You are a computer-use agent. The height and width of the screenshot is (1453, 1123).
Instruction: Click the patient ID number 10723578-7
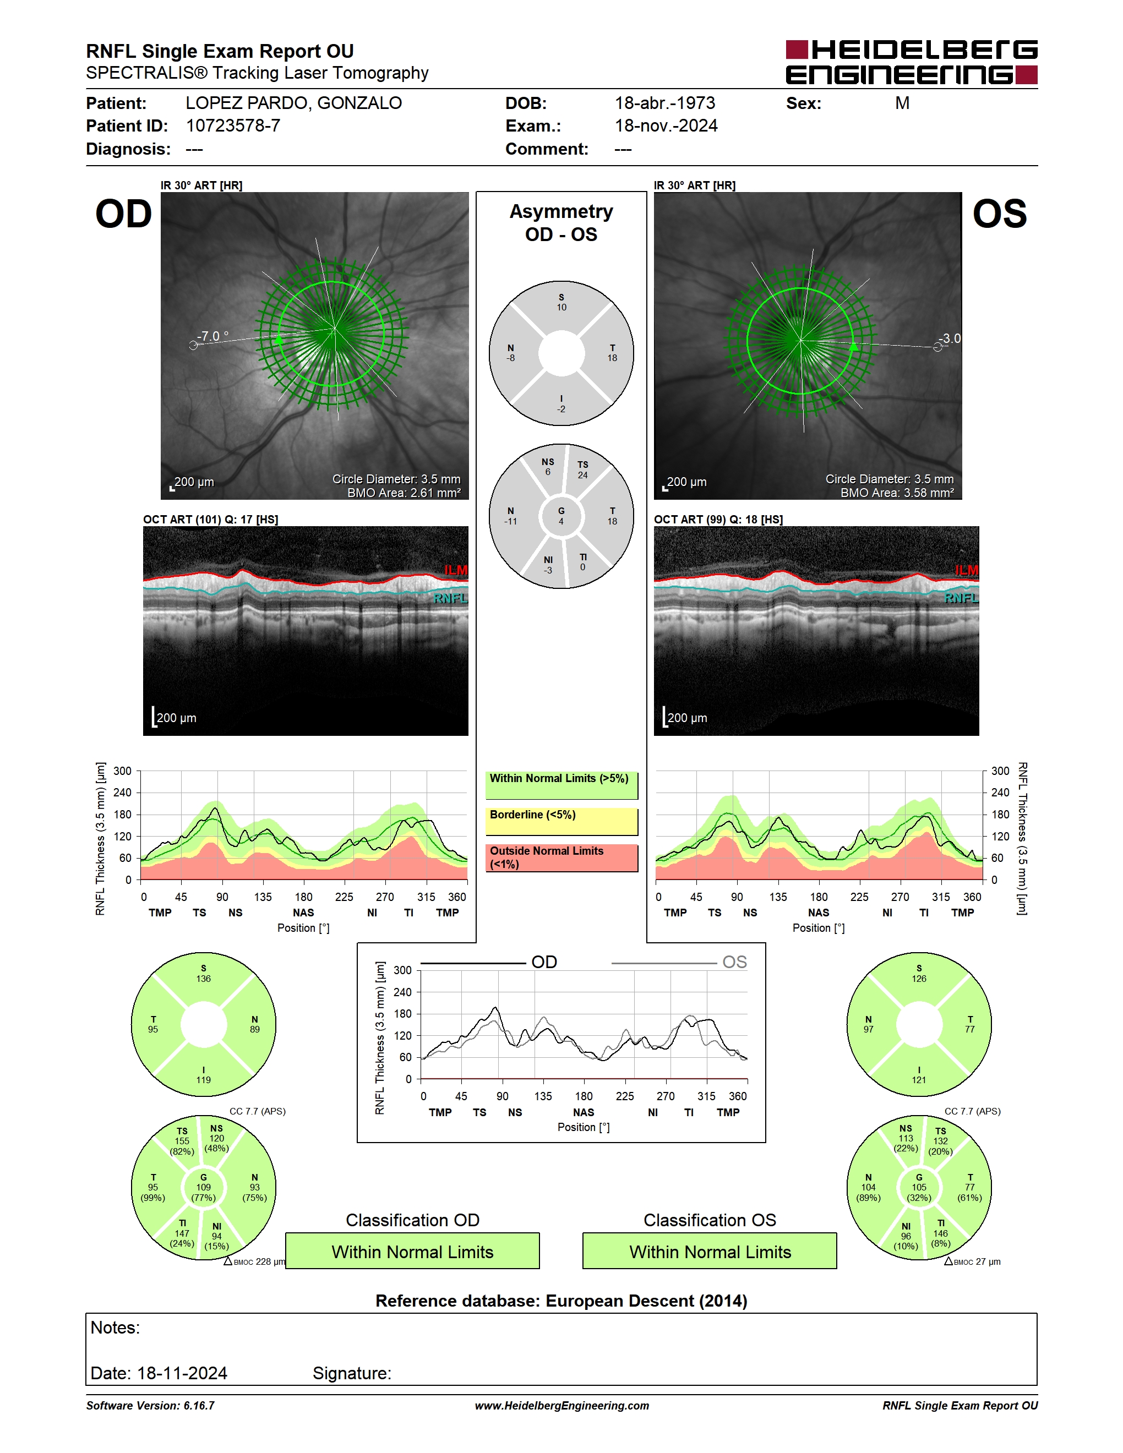[x=233, y=125]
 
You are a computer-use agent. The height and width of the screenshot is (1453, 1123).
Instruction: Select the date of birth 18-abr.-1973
[x=664, y=103]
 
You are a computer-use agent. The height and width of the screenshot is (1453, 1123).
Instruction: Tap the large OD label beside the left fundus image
[x=124, y=214]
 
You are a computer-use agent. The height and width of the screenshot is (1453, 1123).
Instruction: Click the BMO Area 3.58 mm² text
[x=897, y=493]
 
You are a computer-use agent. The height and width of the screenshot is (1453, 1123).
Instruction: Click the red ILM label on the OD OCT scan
[x=456, y=570]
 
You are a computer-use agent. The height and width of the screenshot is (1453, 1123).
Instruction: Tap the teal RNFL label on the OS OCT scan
[x=961, y=598]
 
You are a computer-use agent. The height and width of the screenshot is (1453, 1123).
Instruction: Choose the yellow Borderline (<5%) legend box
[x=561, y=822]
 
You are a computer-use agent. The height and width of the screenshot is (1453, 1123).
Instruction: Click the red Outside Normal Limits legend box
[x=561, y=858]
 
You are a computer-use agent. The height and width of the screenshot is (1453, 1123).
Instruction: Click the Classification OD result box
[x=412, y=1252]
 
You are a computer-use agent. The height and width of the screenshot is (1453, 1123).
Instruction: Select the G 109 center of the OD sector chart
[x=204, y=1188]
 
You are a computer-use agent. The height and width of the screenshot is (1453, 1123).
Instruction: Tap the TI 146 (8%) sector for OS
[x=941, y=1233]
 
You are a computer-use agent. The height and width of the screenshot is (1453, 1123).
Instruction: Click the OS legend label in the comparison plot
[x=734, y=962]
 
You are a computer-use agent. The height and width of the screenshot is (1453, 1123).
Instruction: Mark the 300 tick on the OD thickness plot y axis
[x=122, y=771]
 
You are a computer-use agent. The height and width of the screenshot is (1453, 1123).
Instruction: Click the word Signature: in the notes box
[x=352, y=1373]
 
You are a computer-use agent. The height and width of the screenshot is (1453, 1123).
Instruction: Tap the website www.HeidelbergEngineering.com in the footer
[x=562, y=1406]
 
